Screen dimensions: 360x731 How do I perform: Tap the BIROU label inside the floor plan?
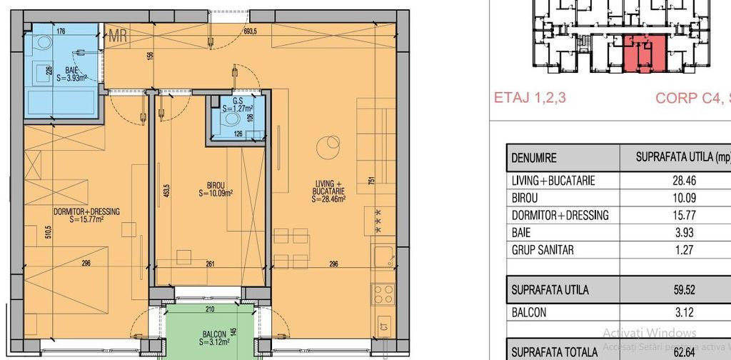(218, 188)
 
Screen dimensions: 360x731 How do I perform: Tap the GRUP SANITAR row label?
(543, 250)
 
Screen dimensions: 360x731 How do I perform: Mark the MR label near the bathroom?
(118, 36)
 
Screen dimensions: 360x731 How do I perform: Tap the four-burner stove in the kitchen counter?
(382, 293)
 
